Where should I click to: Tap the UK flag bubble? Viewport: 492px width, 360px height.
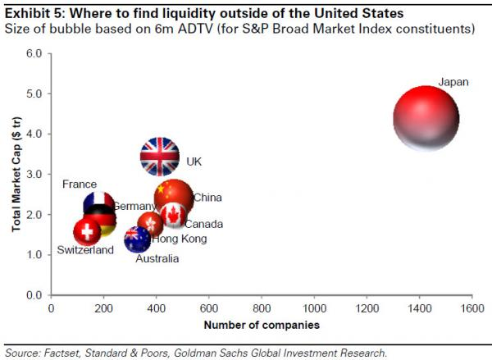tap(159, 157)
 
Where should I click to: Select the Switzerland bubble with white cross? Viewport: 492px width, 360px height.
tap(89, 232)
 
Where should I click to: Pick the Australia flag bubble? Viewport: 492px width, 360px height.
tap(137, 239)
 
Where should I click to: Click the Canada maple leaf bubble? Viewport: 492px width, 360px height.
tap(172, 215)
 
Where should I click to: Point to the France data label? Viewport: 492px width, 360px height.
tap(80, 185)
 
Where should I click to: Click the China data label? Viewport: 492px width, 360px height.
tap(207, 198)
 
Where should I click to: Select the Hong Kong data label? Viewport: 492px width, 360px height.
tap(179, 239)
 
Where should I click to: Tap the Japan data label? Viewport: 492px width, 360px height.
tap(453, 83)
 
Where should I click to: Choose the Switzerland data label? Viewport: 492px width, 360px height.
tap(85, 250)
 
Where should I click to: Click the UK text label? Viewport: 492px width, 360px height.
tap(194, 162)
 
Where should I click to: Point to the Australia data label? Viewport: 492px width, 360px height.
tap(157, 259)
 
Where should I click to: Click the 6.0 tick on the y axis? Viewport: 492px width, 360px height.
tap(34, 53)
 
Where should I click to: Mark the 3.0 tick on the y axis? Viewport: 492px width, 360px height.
tap(34, 174)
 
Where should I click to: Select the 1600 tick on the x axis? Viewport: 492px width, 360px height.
tap(471, 308)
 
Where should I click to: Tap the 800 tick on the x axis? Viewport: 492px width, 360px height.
tap(262, 308)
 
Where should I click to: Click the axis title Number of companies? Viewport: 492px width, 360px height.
tap(262, 325)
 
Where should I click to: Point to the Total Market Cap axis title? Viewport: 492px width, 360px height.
tap(16, 173)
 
